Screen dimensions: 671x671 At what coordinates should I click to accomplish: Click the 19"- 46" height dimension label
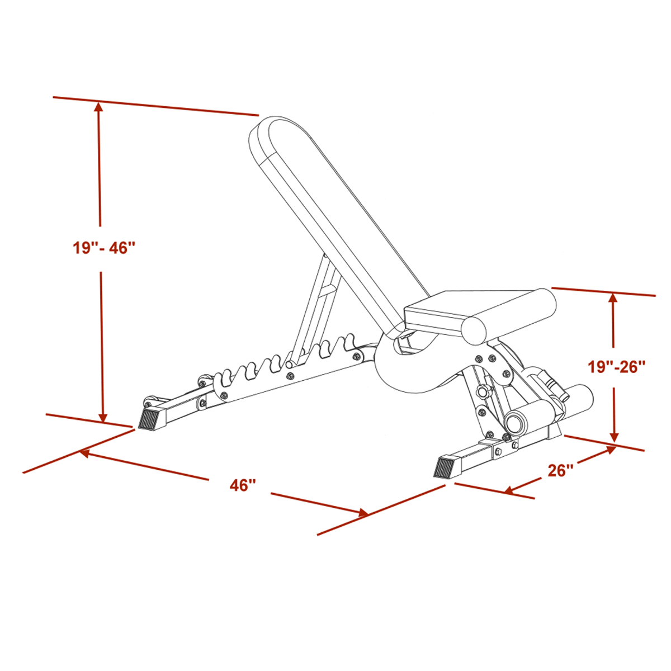(103, 248)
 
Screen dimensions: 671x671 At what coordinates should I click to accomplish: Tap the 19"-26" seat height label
(617, 367)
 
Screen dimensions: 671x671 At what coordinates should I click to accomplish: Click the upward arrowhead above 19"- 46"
(99, 107)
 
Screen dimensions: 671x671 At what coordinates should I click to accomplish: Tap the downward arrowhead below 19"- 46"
(102, 418)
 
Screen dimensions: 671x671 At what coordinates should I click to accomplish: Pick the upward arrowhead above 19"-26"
(613, 299)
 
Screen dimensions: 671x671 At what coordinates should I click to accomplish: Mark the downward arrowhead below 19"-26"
(615, 437)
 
